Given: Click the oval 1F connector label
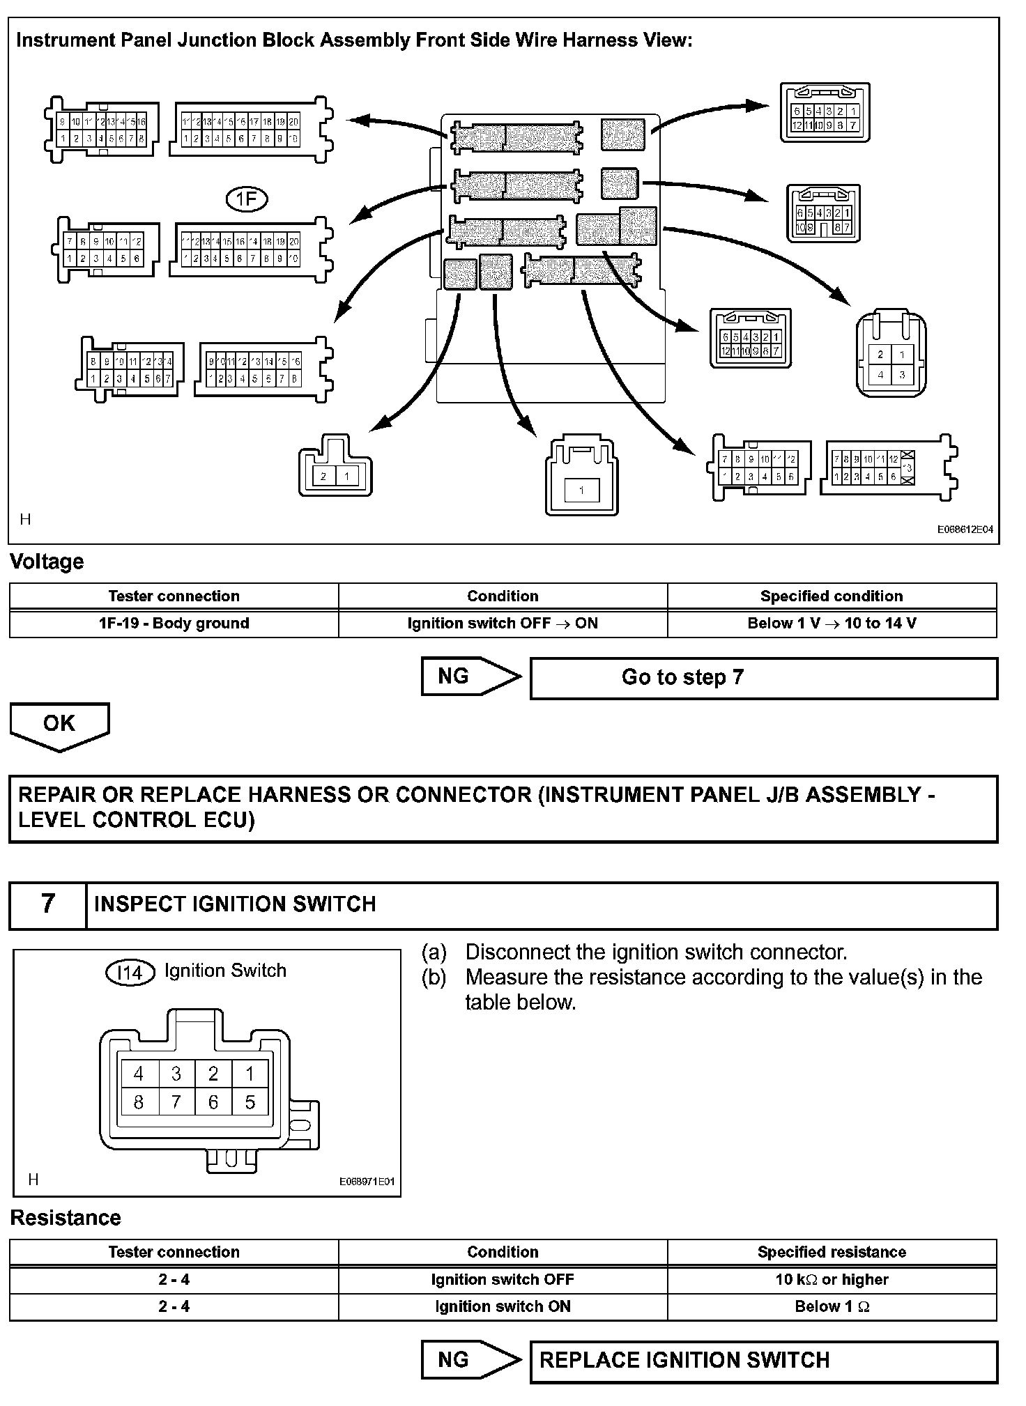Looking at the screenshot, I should (x=247, y=199).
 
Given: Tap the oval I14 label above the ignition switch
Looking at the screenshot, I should (x=130, y=972).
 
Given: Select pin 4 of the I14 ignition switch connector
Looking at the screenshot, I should (x=139, y=1074).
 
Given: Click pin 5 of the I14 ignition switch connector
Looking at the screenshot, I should (x=250, y=1103).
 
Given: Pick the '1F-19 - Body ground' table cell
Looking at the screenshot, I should (x=174, y=624).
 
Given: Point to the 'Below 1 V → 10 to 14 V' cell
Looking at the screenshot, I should (x=832, y=624).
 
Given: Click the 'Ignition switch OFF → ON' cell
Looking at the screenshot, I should (x=503, y=624).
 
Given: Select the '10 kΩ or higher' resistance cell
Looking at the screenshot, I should (x=832, y=1279).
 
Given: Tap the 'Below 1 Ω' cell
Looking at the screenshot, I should (x=832, y=1306).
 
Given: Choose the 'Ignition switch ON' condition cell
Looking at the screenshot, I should (x=503, y=1306).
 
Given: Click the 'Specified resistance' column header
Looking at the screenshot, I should (x=832, y=1252).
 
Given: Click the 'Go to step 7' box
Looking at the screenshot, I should (x=763, y=678).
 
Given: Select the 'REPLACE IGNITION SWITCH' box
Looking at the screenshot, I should (x=763, y=1361).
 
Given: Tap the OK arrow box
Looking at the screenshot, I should (x=59, y=724).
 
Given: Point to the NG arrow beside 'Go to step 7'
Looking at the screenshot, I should (x=469, y=677).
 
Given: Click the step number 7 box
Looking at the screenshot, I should (x=47, y=904).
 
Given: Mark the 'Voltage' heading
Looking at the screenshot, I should (x=47, y=562).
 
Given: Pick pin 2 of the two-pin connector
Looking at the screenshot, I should (x=323, y=477).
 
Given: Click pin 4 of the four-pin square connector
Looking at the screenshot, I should (x=880, y=375).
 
